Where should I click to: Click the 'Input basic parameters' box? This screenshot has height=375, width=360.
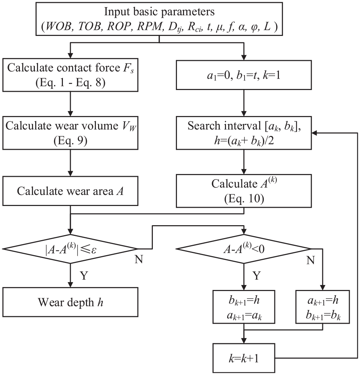coord(159,19)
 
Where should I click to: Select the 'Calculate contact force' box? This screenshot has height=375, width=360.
coord(70,75)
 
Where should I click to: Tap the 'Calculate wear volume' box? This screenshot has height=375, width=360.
coord(70,133)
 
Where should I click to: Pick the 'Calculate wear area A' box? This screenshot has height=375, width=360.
coord(70,191)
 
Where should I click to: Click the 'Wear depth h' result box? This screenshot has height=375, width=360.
coord(70,302)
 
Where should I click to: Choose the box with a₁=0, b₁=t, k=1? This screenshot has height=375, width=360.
coord(244,75)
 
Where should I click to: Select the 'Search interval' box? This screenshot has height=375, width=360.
coord(244,133)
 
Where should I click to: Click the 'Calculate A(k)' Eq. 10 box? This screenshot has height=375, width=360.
coord(244,191)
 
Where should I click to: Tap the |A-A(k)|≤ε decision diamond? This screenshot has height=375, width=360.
coord(70,249)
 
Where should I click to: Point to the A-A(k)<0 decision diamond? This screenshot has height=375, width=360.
coord(244,249)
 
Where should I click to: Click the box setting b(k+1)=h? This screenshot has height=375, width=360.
coord(244,307)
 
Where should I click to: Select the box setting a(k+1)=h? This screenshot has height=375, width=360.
coord(322,307)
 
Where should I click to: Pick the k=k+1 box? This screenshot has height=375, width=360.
coord(244,358)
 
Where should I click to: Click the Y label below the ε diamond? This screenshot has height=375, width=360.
coord(84,275)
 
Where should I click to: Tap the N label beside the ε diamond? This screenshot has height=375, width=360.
coord(139,259)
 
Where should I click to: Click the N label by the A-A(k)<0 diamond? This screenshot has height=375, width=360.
coord(311,260)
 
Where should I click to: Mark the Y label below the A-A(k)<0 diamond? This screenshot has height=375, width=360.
coord(256,275)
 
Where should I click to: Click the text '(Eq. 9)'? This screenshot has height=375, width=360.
coord(70,141)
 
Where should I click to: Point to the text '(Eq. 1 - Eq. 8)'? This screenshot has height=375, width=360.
coord(70,83)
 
